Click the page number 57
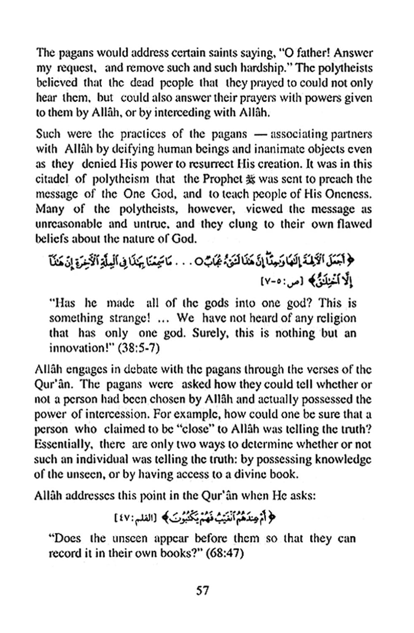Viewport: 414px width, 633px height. pos(202,590)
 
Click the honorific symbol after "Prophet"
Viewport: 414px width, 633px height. pos(250,179)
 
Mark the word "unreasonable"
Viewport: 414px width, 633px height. pos(68,224)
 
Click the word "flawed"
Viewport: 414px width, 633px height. pos(355,224)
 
